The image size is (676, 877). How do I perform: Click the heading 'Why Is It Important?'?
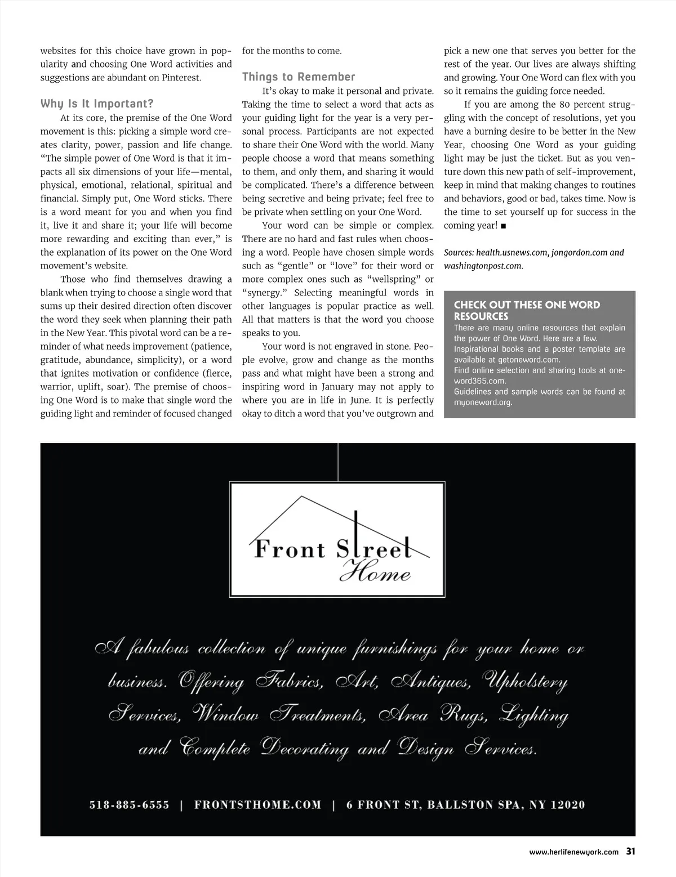97,104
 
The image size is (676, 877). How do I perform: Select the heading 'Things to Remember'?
299,77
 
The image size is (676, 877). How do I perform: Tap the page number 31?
630,852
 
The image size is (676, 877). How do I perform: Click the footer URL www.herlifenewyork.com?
573,852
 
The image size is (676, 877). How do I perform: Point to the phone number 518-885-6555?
129,805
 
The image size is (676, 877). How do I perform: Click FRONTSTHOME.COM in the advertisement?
257,805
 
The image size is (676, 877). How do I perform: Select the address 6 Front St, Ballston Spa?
465,805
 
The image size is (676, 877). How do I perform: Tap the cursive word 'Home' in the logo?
375,574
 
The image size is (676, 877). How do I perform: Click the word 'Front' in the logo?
290,549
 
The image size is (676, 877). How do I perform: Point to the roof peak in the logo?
303,496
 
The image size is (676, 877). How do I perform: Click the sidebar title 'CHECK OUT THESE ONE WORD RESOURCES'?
527,310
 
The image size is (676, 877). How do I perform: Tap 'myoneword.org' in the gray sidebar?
483,402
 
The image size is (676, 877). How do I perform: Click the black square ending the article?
503,226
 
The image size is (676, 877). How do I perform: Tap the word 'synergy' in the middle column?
264,293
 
